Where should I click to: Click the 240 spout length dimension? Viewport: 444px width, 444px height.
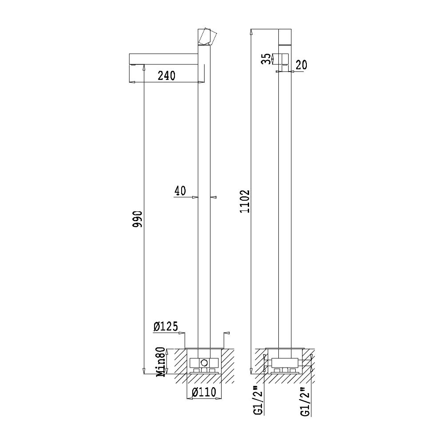coord(166,75)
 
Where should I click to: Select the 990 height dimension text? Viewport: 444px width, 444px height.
coord(138,219)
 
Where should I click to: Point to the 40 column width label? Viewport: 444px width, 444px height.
coord(180,190)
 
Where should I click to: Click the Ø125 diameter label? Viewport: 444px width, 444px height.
coord(166,326)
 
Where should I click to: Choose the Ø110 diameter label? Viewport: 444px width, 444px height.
coord(204,392)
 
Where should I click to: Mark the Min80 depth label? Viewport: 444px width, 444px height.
coord(161,362)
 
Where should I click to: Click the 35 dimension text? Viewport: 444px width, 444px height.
coord(266,59)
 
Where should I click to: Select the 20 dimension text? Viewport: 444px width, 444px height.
coord(301,65)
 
